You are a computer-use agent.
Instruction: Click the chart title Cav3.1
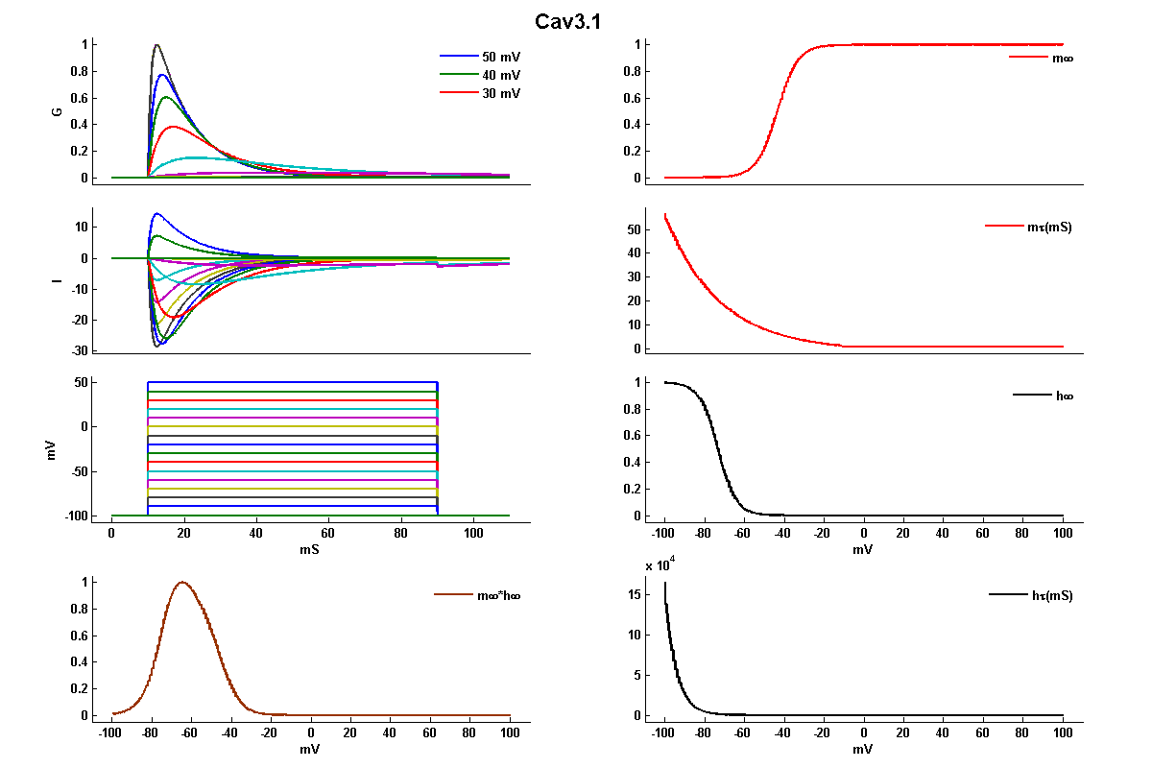pos(568,22)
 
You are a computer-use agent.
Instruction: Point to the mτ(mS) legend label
pos(1050,228)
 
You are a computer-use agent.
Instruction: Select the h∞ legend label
pos(1063,396)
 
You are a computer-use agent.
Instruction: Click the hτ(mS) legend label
pos(1051,595)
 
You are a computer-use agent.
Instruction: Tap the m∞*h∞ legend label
pos(498,595)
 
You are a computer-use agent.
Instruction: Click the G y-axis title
pos(59,111)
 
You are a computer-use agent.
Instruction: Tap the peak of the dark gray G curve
pos(156,45)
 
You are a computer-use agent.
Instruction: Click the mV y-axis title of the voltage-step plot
pos(54,449)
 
